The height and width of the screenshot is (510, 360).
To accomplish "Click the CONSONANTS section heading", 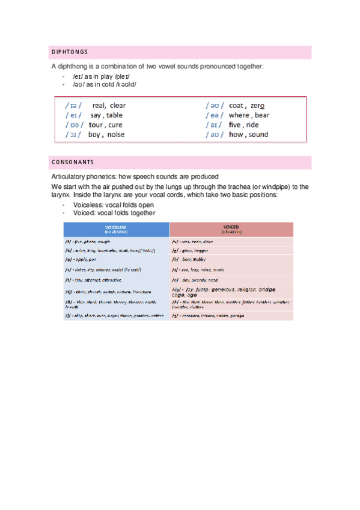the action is click(73, 162).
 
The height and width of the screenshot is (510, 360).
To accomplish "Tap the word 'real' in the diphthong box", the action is click(99, 105).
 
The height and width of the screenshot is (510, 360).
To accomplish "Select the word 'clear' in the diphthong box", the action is click(118, 105).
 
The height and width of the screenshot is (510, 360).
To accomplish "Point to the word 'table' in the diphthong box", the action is click(114, 115).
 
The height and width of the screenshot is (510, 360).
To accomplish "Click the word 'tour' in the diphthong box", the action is click(96, 124).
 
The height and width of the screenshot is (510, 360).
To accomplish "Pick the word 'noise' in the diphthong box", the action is click(116, 134).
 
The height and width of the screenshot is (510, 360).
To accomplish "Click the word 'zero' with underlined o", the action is click(257, 105).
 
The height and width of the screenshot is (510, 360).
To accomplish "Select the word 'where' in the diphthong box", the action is click(239, 115).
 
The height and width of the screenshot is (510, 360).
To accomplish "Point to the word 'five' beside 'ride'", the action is click(235, 124).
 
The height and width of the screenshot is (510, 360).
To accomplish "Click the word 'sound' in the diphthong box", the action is click(258, 134).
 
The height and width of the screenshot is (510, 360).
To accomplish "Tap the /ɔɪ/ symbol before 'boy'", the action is click(74, 134).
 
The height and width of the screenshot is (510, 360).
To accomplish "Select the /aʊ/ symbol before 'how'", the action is click(215, 134).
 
